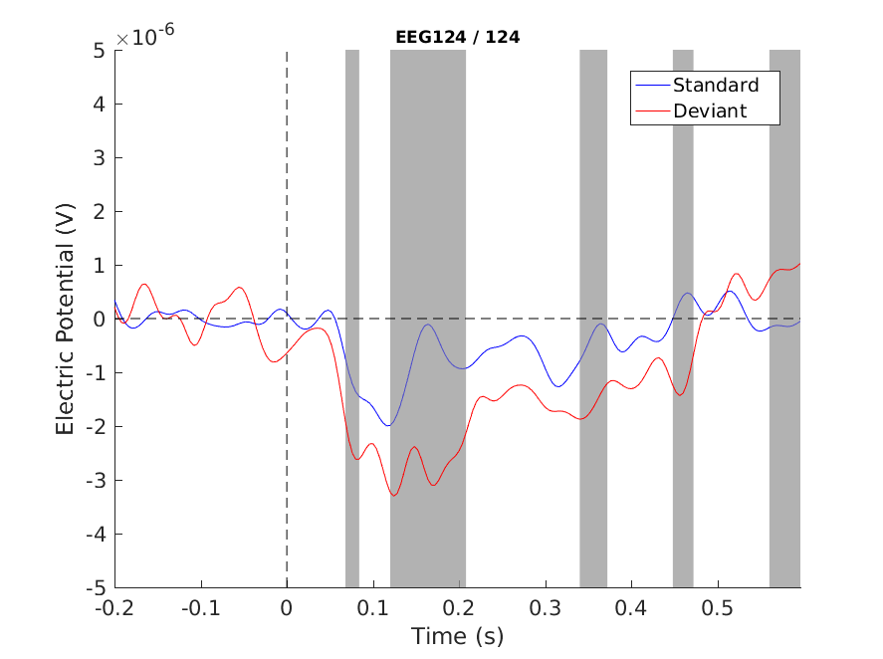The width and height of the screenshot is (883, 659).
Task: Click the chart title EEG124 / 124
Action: [457, 38]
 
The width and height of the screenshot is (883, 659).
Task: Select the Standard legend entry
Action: [715, 85]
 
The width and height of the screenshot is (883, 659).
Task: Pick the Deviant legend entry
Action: [709, 110]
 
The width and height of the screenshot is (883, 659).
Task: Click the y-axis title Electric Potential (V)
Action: [66, 319]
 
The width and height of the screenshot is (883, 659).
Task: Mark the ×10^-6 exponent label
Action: [145, 38]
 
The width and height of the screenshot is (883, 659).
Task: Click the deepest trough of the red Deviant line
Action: [394, 495]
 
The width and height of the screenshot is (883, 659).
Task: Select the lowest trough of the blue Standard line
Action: [389, 425]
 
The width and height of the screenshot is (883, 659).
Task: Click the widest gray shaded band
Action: [427, 319]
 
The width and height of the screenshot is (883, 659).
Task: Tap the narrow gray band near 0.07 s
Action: [352, 319]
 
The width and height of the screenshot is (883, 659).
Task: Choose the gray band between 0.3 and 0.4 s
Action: [593, 319]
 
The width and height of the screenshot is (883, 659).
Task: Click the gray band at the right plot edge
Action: [784, 319]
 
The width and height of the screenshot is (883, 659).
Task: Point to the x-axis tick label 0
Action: [287, 606]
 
